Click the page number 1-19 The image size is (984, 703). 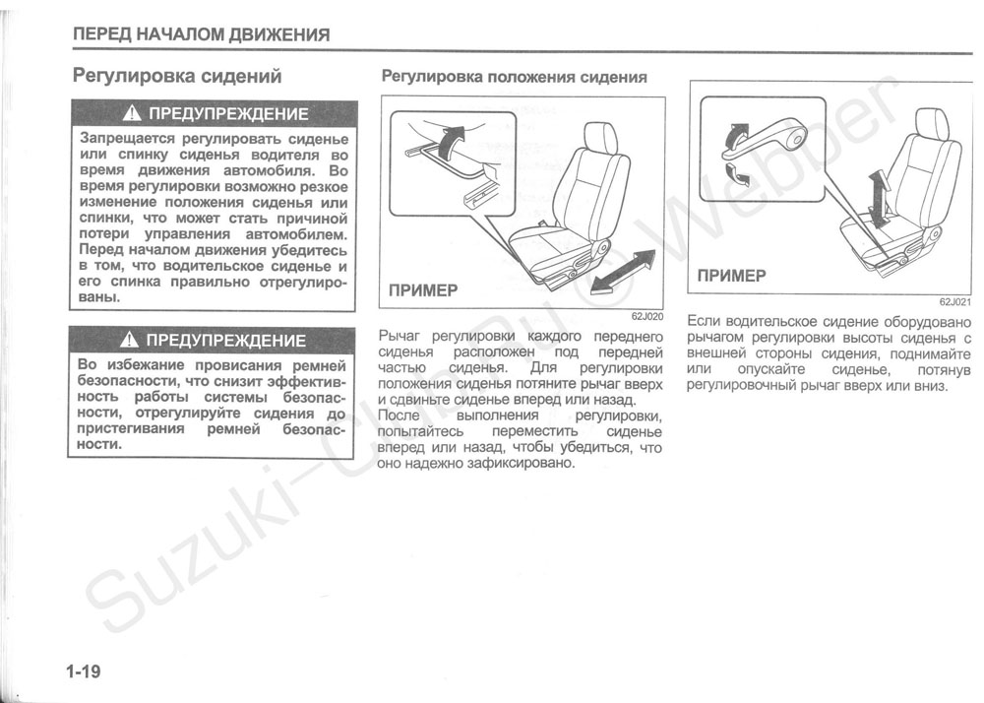pos(85,671)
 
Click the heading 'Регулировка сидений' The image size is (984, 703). pos(178,76)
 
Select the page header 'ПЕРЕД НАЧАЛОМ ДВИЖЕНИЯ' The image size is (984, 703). pos(201,35)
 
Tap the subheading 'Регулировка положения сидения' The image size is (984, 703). pos(514,77)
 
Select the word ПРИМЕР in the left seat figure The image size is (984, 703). pos(423,290)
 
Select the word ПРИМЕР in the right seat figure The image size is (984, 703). pos(731,277)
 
